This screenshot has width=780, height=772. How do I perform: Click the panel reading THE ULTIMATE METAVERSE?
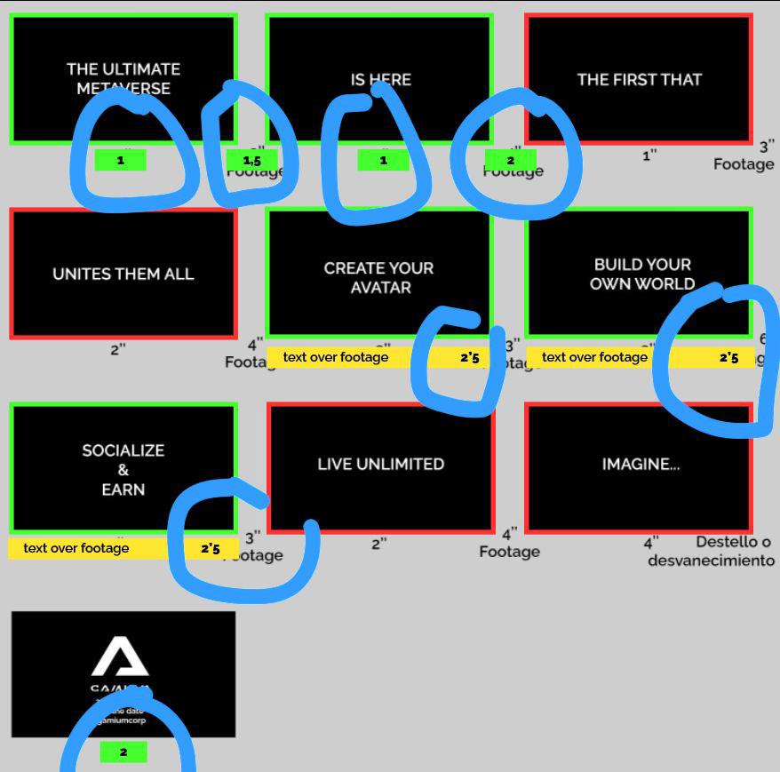(x=123, y=78)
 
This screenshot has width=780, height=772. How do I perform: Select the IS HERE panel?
(x=379, y=79)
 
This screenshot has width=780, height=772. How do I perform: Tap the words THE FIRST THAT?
(x=639, y=79)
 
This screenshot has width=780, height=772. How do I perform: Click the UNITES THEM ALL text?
(x=123, y=274)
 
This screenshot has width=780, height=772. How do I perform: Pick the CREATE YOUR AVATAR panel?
(x=379, y=276)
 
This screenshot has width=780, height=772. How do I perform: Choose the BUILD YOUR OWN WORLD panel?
(x=642, y=274)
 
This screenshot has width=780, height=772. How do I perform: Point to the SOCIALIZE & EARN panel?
(x=123, y=469)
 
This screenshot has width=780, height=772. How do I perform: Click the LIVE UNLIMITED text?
(x=380, y=464)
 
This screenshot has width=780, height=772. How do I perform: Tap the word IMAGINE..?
(x=640, y=464)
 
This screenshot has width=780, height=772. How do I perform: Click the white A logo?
(x=121, y=658)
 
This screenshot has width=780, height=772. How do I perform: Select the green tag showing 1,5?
(x=251, y=161)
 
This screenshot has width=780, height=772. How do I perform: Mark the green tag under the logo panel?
(x=123, y=752)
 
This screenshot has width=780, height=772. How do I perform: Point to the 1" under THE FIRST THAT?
(x=650, y=155)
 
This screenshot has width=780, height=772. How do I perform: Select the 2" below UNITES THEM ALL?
(x=118, y=350)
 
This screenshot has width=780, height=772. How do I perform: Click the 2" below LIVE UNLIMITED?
(x=379, y=544)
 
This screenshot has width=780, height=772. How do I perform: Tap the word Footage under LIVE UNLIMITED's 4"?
(x=509, y=552)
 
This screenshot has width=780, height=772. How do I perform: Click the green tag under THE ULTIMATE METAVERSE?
(x=120, y=161)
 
